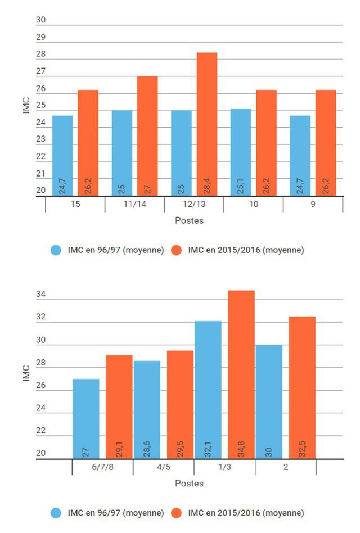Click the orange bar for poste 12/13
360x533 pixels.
click(207, 124)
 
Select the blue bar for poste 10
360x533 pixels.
click(241, 152)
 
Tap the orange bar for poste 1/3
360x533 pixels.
click(241, 374)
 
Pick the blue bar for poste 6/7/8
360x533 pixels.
click(86, 418)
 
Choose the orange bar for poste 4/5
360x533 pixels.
click(180, 404)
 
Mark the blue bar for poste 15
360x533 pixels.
click(62, 155)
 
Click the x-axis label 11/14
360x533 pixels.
click(134, 204)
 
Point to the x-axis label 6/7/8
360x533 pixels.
click(103, 467)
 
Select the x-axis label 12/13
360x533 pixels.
click(194, 204)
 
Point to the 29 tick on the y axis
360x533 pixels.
click(40, 38)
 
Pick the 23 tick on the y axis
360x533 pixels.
click(40, 139)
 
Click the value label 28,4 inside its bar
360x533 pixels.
click(207, 185)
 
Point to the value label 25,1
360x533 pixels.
click(241, 185)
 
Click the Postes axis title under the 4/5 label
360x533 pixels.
click(189, 484)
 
